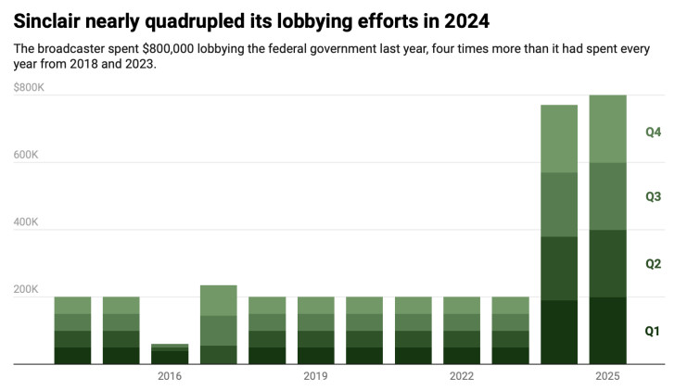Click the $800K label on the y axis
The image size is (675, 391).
tap(29, 88)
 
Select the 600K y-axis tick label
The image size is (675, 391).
tap(26, 156)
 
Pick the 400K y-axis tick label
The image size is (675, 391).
tap(26, 222)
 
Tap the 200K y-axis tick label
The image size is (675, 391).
tap(26, 290)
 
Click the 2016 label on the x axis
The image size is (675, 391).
tap(170, 376)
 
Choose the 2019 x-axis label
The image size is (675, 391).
tap(315, 376)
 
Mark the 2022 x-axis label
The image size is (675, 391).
tap(462, 376)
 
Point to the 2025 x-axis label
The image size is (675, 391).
tap(607, 376)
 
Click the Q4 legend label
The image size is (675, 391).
tap(653, 132)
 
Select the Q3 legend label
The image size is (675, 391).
tap(653, 196)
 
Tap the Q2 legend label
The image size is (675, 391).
tap(653, 264)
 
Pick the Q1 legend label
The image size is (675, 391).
tap(653, 331)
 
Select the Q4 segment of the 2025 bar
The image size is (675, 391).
tap(607, 129)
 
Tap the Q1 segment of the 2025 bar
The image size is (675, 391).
tap(607, 331)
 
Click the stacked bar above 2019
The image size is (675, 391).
tap(315, 331)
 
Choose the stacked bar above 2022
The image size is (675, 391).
tap(462, 331)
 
